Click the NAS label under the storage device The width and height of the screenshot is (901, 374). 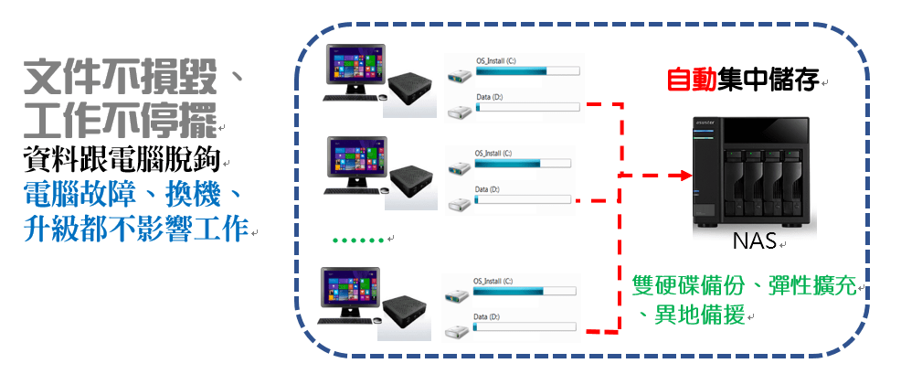754,242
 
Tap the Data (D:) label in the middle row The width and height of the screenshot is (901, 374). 489,189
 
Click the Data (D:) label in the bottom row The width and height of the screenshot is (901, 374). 487,316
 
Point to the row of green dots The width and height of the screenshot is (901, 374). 358,240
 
